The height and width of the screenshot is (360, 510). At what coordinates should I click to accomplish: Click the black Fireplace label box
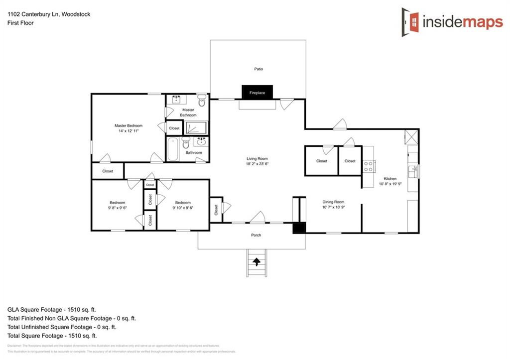257,93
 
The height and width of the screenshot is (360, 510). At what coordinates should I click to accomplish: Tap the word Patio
258,69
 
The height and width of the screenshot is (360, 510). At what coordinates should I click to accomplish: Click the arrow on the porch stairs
257,260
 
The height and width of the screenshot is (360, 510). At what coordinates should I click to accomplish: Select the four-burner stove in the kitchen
369,166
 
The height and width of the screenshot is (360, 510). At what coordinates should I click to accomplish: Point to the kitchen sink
413,171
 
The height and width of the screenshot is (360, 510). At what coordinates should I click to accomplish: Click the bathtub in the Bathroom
173,149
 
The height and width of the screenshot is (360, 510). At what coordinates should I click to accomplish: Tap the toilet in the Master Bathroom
202,102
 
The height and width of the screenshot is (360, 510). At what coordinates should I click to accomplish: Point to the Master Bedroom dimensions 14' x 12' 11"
128,131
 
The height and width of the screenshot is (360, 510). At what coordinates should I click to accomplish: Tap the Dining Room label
333,202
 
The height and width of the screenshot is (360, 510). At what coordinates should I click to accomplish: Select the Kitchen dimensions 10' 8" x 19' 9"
389,184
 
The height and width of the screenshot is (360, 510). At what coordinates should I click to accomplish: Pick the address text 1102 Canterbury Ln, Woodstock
49,14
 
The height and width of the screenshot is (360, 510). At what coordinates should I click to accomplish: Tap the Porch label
256,235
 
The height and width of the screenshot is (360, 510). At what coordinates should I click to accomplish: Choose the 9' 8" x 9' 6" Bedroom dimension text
118,208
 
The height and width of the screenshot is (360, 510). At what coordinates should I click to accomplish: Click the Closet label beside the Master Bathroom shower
174,128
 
